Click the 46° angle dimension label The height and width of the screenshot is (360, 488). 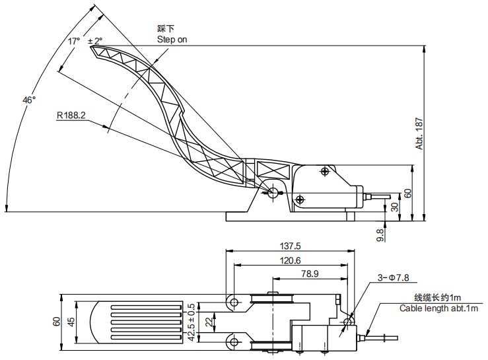point(29,100)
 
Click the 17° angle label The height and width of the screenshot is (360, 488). point(73,41)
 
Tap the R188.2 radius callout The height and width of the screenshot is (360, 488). point(71,115)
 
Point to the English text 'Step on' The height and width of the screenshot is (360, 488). point(172,40)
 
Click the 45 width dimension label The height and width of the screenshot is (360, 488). point(71,321)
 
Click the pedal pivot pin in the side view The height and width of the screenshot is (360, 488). point(273,192)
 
